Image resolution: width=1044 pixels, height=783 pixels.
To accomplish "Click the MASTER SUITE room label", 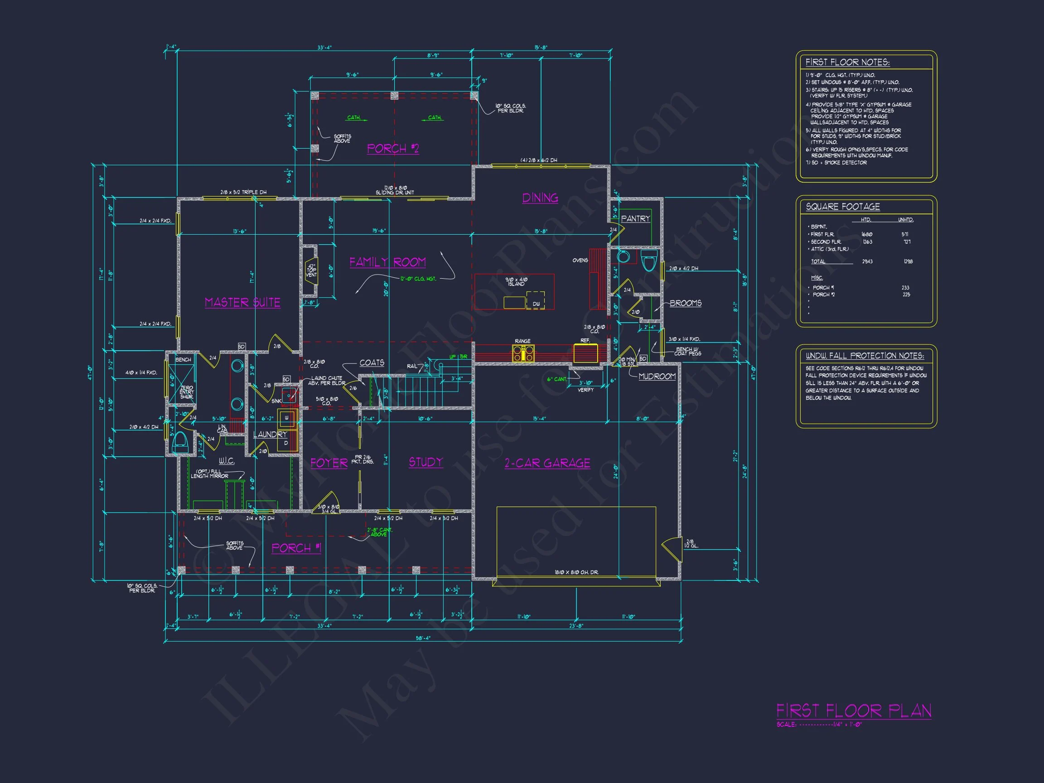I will click(242, 303).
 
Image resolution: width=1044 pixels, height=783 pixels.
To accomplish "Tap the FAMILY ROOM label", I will click(387, 262).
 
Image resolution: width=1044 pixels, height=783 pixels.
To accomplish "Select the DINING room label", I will click(540, 198).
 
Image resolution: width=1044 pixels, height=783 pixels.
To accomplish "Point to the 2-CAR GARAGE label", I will click(547, 464).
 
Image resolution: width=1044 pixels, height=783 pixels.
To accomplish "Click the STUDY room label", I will click(426, 463).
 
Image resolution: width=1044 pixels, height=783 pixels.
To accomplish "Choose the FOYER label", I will click(329, 464).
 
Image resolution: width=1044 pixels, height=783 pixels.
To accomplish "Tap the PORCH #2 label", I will click(393, 149).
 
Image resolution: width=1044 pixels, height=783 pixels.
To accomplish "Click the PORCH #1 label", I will click(296, 548).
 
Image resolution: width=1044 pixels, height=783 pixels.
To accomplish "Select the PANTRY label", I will click(635, 218).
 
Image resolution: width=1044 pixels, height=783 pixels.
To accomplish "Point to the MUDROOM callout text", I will click(657, 376).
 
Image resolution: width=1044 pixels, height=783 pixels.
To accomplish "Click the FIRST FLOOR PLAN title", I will click(854, 711).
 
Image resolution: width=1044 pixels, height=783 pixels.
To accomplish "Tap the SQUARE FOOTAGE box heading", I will click(842, 207).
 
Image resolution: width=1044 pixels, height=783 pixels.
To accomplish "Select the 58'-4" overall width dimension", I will click(422, 638).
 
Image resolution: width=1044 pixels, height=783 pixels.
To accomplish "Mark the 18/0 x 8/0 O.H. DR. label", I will click(576, 572).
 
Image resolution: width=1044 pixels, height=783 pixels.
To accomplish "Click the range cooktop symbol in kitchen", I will click(523, 353).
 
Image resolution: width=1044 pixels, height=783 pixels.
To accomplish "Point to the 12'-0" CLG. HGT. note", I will click(418, 279).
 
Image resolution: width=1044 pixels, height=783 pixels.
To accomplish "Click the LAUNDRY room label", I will click(270, 434).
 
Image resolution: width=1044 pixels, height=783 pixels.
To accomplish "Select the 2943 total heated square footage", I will click(867, 261).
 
